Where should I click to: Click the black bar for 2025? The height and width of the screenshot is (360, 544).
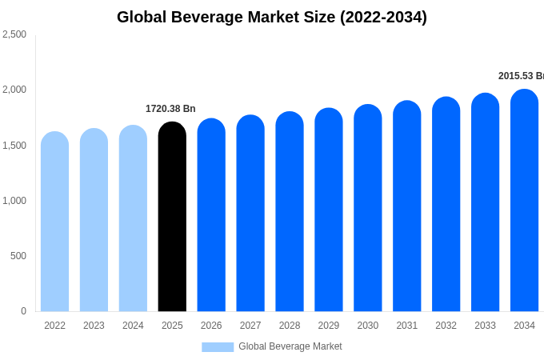click(172, 217)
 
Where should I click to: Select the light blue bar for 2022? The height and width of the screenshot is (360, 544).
click(54, 222)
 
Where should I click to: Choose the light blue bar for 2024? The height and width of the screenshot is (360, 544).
click(133, 218)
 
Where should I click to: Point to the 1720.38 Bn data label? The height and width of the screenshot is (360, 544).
click(170, 109)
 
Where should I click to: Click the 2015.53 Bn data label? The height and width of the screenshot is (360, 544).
click(521, 76)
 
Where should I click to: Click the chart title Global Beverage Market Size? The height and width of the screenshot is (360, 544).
click(272, 17)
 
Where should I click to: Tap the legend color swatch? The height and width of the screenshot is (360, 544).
click(218, 347)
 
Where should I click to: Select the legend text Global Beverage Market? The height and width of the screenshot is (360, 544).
click(290, 346)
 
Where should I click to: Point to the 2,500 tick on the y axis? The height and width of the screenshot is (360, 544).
click(14, 34)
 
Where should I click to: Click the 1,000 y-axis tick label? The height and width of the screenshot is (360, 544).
click(14, 201)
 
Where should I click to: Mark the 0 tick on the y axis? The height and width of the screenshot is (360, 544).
click(23, 311)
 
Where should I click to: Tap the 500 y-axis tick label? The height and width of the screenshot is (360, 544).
click(18, 256)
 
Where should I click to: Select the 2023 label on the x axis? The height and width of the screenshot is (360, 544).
click(94, 326)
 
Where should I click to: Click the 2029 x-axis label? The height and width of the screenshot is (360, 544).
click(329, 326)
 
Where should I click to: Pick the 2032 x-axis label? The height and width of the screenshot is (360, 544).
click(446, 326)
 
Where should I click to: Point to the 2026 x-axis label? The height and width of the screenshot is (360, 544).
click(211, 326)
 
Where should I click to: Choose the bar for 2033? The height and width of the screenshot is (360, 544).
click(485, 202)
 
